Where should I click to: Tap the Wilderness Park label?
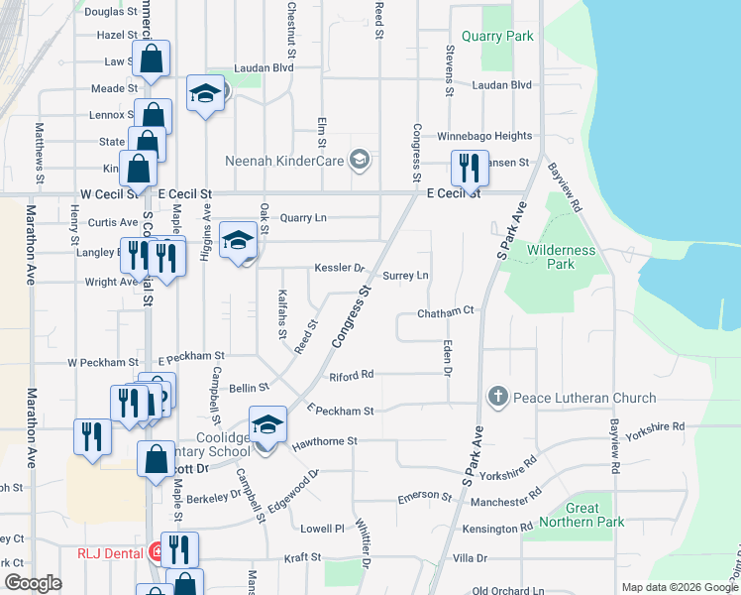[x=561, y=258]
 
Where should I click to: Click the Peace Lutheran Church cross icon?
[x=497, y=398]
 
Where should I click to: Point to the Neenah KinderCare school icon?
[x=360, y=159]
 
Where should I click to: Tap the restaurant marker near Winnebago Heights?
[x=468, y=169]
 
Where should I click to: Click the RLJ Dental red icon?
[x=157, y=551]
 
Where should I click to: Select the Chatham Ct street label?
[x=446, y=311]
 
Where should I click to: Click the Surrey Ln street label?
[x=405, y=275]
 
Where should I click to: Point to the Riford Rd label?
[x=352, y=375]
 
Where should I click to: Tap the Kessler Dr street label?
[x=340, y=268]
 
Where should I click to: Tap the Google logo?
[x=34, y=583]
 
